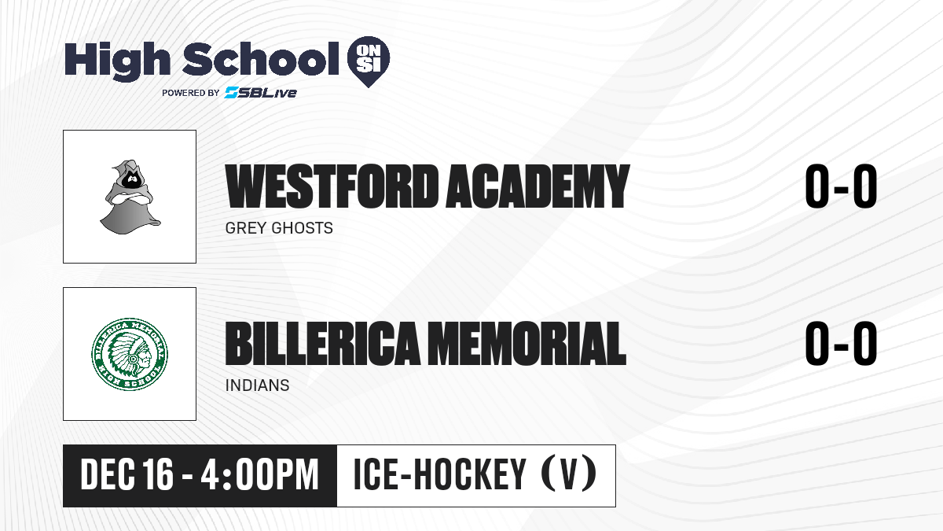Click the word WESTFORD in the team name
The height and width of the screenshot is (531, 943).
coord(332,186)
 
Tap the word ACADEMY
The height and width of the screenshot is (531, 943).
coord(538,186)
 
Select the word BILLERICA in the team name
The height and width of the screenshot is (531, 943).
coord(323,343)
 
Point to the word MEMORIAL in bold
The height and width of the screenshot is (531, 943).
coord(529,343)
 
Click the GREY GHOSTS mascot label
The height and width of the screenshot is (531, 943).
coord(279,228)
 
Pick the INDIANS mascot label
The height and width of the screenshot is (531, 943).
coord(257,385)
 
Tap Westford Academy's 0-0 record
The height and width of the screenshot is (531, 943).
coord(841,186)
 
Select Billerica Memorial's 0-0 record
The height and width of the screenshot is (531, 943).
coord(841,343)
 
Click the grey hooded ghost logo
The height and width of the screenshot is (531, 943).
coord(130,197)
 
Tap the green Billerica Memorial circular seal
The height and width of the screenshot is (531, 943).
coord(130,354)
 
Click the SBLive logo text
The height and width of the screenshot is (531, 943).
coord(261,92)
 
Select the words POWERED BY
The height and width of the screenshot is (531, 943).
coord(191,93)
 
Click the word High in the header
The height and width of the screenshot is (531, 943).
coord(117,61)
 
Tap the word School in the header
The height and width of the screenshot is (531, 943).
coord(261,59)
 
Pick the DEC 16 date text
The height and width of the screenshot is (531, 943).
coord(127,475)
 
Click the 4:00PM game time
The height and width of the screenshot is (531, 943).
coord(259,475)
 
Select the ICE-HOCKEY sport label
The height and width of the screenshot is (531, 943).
coord(439,475)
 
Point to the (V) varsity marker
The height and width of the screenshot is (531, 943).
coord(569,475)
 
